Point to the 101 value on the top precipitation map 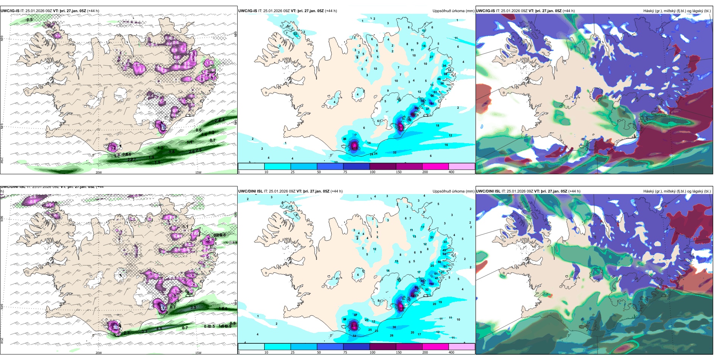click(x=431, y=103)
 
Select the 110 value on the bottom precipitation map click(x=431, y=284)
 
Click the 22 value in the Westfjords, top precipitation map click(x=295, y=34)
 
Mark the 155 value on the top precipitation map click(x=413, y=114)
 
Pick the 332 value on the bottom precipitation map click(x=354, y=325)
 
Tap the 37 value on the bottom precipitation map click(x=355, y=315)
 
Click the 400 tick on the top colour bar click(x=451, y=172)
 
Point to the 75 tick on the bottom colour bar click(x=345, y=352)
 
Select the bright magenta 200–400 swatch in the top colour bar click(x=435, y=166)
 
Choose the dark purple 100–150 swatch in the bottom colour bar click(x=382, y=347)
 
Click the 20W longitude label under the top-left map click(x=99, y=172)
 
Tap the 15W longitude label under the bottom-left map click(x=198, y=353)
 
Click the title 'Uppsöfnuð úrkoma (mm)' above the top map click(x=453, y=11)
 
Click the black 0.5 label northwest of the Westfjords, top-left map click(x=30, y=20)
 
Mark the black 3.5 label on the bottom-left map click(x=193, y=307)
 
